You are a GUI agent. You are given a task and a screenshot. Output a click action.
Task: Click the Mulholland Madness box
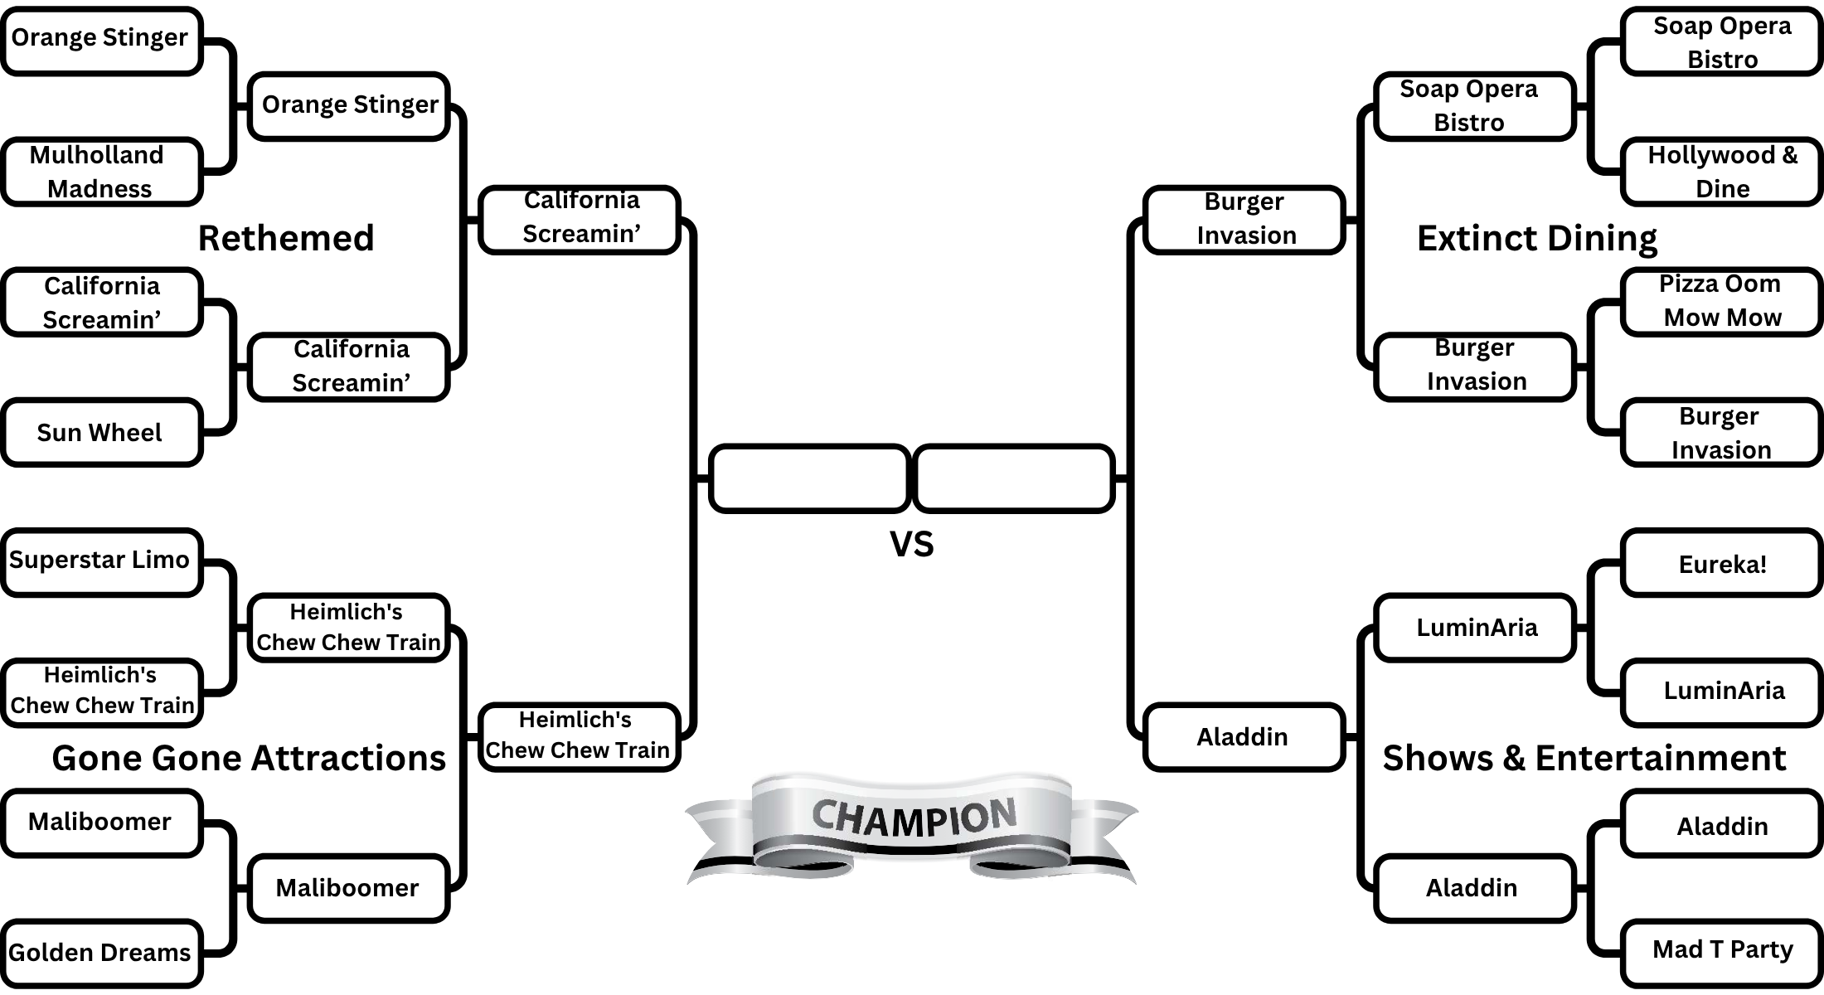[101, 172]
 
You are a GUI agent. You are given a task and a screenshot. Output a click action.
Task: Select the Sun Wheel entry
[101, 432]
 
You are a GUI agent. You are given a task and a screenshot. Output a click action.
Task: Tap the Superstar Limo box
[101, 561]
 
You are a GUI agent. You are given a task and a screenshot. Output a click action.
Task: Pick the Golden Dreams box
[101, 952]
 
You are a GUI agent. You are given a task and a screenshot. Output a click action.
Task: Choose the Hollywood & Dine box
[1721, 172]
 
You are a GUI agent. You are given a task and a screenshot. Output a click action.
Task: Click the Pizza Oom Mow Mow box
[1721, 301]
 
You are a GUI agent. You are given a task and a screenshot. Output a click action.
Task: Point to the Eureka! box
[1721, 564]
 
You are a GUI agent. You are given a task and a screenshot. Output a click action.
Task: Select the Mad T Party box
[1721, 950]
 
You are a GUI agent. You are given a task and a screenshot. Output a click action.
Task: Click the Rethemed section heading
[286, 238]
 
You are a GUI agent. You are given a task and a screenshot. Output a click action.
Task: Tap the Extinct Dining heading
[1536, 238]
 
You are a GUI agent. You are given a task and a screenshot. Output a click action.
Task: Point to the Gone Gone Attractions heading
[249, 758]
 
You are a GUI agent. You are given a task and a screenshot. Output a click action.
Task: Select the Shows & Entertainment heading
[1584, 758]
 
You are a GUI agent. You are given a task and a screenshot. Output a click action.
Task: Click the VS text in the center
[911, 544]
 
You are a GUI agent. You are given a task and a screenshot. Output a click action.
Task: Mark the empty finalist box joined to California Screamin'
[809, 478]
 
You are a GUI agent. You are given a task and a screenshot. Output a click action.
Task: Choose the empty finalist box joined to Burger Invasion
[1013, 478]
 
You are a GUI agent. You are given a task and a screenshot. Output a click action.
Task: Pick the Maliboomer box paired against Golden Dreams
[101, 822]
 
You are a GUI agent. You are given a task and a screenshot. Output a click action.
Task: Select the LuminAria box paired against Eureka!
[1721, 691]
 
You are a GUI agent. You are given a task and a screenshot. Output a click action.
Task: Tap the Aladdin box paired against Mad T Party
[1721, 825]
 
